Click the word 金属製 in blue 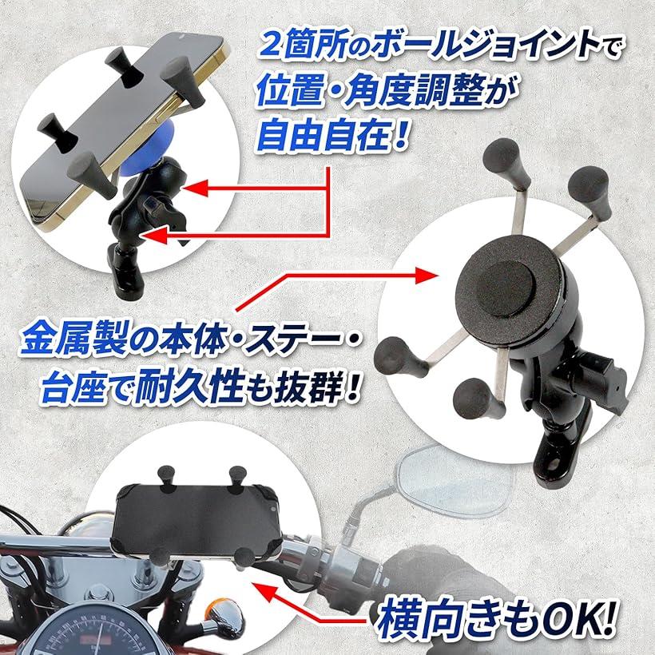[x=73, y=338]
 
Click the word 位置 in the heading [x=289, y=93]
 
